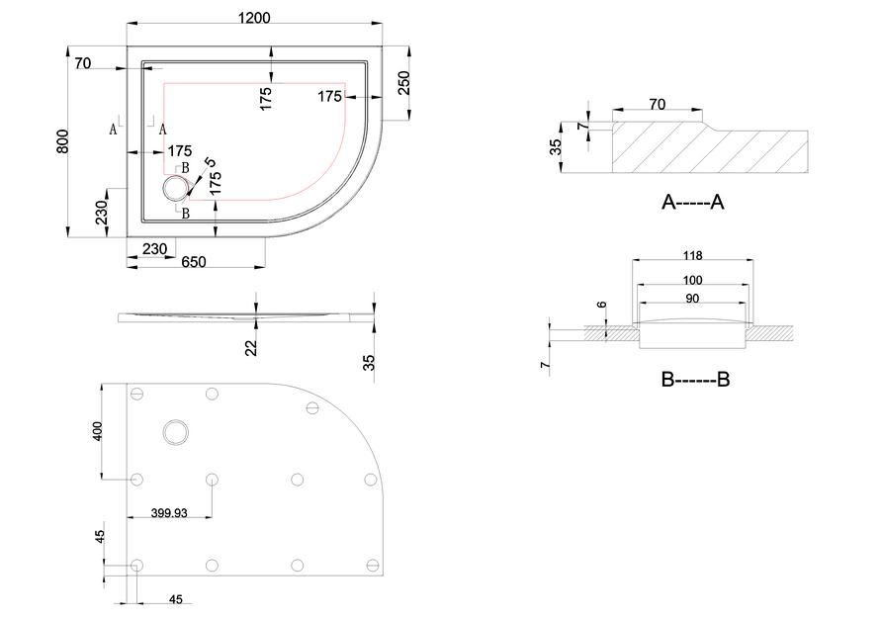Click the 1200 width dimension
point(254,18)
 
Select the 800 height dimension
point(62,141)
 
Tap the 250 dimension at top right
point(403,83)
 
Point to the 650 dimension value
point(194,262)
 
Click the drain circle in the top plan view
point(176,188)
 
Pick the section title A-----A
point(693,202)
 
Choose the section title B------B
point(695,380)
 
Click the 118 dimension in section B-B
point(693,256)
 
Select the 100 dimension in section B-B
point(693,280)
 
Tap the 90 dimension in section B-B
point(692,299)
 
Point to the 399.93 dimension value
point(169,513)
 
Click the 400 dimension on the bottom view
point(98,431)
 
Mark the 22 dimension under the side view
point(251,348)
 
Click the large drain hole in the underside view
point(176,433)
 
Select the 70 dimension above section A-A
point(657,105)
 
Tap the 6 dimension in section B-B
point(602,306)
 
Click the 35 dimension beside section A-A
point(555,147)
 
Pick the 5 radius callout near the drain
point(211,163)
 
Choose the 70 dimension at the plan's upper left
point(83,63)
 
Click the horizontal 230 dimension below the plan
point(154,248)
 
